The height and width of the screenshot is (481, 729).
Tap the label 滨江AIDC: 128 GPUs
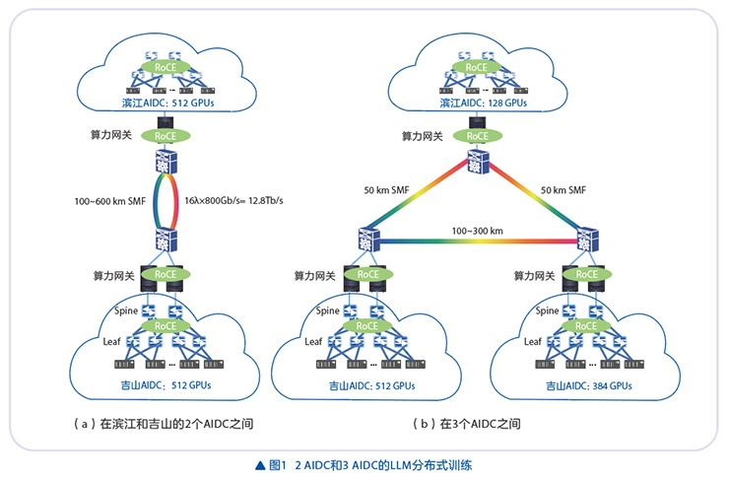pos(478,102)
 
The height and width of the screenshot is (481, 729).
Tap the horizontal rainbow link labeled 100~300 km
pos(478,241)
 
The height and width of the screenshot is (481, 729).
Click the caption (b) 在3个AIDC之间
pos(468,424)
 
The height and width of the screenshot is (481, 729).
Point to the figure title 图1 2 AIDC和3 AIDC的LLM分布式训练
pos(364,462)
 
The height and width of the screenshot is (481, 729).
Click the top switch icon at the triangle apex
pos(478,163)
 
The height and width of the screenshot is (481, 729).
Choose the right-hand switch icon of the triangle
pos(588,239)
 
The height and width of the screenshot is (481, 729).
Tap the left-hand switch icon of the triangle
pos(368,239)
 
